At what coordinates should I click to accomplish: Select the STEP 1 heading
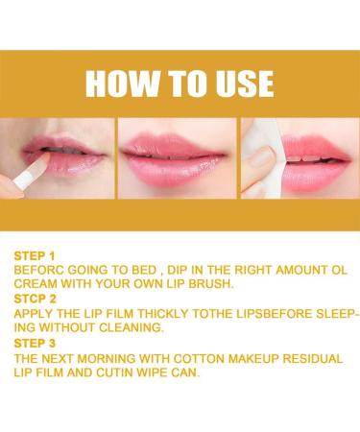[x=35, y=256]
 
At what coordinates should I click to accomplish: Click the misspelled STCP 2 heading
[x=36, y=299]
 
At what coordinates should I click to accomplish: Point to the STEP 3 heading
[x=35, y=344]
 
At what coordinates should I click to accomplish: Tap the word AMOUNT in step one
[x=300, y=270]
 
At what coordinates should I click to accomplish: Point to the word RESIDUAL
[x=313, y=358]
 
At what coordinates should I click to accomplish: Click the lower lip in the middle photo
[x=176, y=172]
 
